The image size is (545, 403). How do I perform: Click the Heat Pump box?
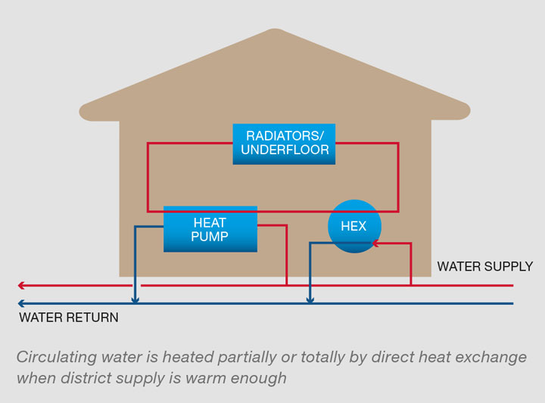coord(210,229)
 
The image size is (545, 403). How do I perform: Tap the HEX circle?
coord(354,226)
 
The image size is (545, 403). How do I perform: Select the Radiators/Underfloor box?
coord(284,144)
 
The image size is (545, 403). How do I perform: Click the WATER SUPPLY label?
coord(484,267)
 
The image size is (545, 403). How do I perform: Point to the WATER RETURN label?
coord(69,318)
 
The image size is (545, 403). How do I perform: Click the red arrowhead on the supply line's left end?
coord(22,286)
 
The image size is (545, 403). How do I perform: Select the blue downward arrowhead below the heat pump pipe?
coord(135,299)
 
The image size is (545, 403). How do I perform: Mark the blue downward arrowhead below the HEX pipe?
coord(310,299)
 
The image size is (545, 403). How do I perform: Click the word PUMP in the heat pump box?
coord(210,237)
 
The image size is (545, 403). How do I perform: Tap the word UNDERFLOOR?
coord(285,150)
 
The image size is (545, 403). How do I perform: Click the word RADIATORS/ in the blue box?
coord(284,136)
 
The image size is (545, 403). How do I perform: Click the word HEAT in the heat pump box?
coord(210,223)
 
